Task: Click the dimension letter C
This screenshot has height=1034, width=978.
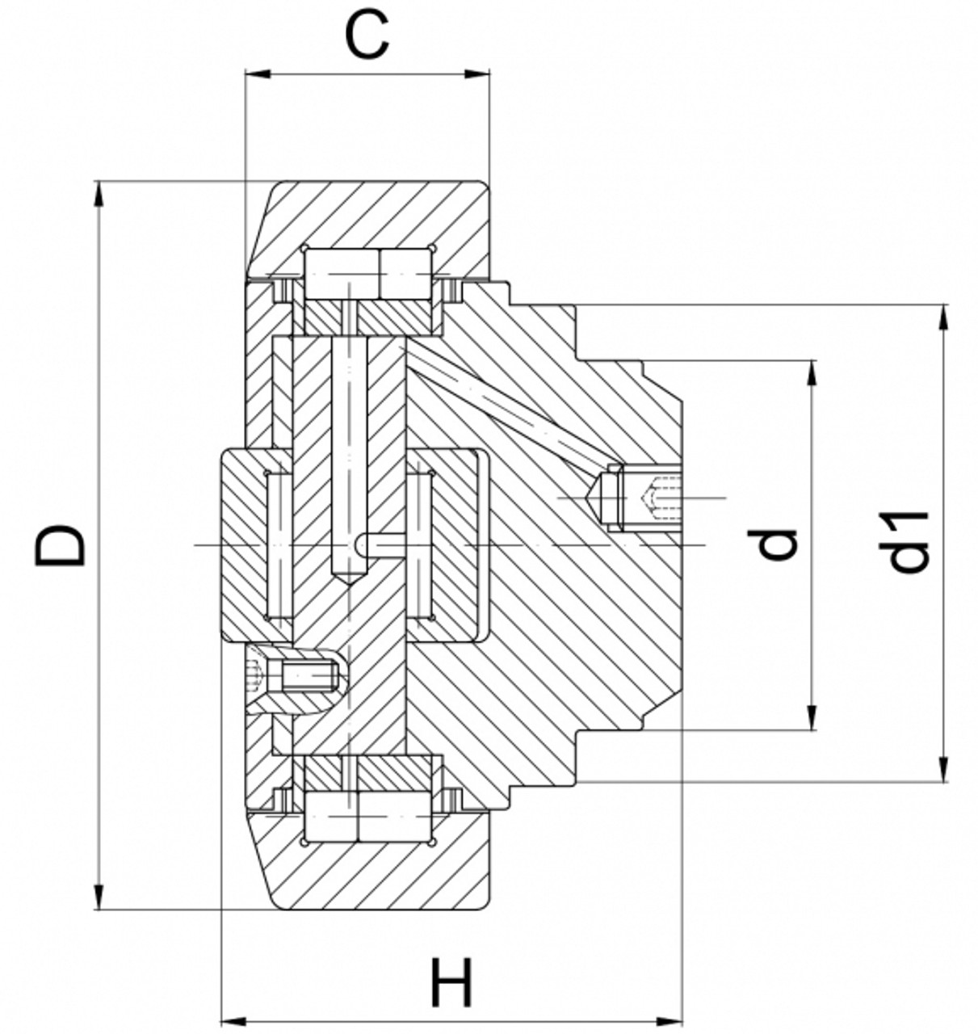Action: (x=367, y=36)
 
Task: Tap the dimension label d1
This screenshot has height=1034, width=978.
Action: (x=910, y=542)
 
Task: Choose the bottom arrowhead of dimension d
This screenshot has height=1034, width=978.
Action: (x=811, y=718)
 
